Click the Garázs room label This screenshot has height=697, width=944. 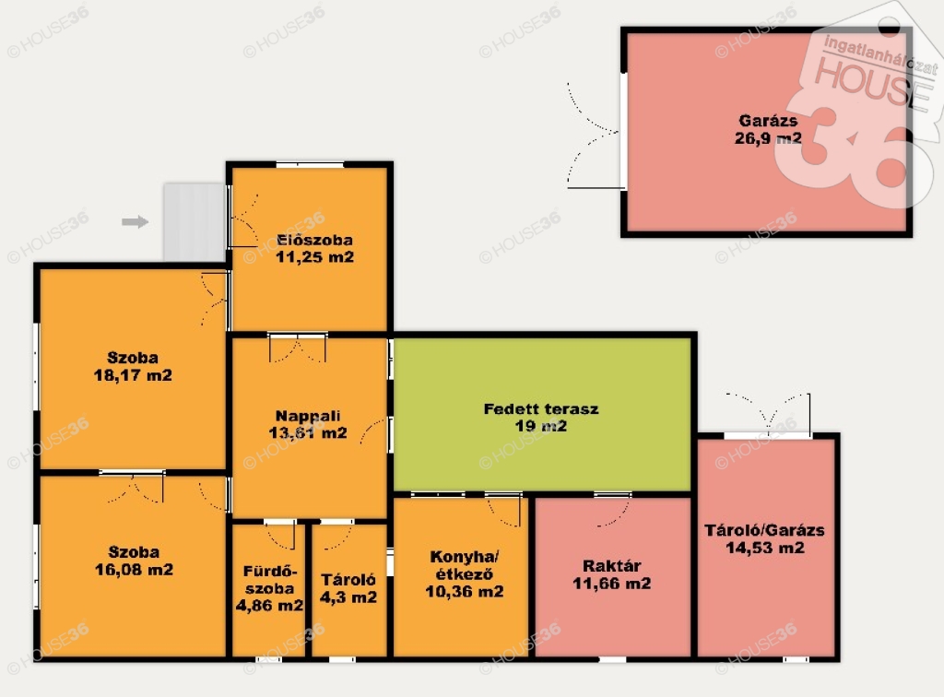pyautogui.click(x=768, y=121)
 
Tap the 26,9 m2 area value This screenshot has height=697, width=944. pyautogui.click(x=768, y=138)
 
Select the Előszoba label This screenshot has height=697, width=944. pyautogui.click(x=315, y=240)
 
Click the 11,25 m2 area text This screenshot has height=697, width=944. pyautogui.click(x=315, y=257)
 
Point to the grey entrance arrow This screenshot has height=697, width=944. pyautogui.click(x=135, y=222)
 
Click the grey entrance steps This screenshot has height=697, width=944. pyautogui.click(x=195, y=222)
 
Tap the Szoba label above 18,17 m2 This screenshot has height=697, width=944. pyautogui.click(x=133, y=358)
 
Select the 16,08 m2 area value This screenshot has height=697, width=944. pyautogui.click(x=134, y=570)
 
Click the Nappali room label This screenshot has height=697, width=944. pyautogui.click(x=308, y=416)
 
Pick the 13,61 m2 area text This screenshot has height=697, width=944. pyautogui.click(x=308, y=432)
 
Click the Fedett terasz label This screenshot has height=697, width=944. pyautogui.click(x=541, y=409)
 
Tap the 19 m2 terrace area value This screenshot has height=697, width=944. pyautogui.click(x=541, y=426)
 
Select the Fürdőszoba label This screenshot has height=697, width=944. pyautogui.click(x=269, y=580)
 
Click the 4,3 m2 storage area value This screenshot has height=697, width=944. pyautogui.click(x=348, y=597)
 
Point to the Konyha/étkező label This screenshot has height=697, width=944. pyautogui.click(x=465, y=565)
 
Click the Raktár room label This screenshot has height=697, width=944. pyautogui.click(x=612, y=566)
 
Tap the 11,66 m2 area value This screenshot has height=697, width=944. pyautogui.click(x=612, y=584)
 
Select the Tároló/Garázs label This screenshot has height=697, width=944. pyautogui.click(x=764, y=530)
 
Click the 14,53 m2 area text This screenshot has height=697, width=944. pyautogui.click(x=764, y=548)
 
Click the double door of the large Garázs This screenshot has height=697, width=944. pyautogui.click(x=593, y=136)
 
